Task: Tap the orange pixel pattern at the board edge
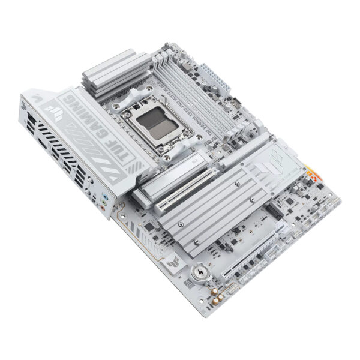point(312,177)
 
